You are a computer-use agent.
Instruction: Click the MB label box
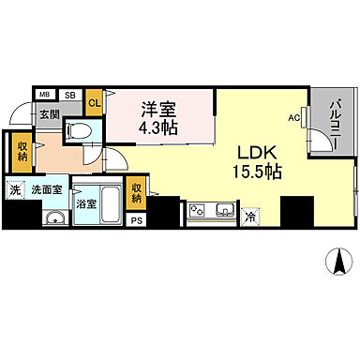pyautogui.click(x=44, y=94)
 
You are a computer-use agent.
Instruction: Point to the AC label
pyautogui.click(x=294, y=117)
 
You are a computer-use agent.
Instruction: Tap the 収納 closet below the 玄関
pyautogui.click(x=22, y=151)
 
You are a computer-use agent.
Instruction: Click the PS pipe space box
pyautogui.click(x=137, y=220)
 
